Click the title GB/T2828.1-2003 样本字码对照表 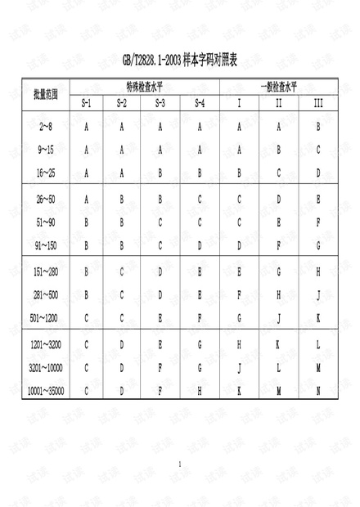pos(179,62)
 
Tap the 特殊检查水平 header pos(142,86)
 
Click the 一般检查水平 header pos(278,86)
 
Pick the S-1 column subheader pos(87,104)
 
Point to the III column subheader pos(318,104)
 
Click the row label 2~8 pos(45,127)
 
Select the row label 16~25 pos(45,173)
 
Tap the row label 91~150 pos(45,245)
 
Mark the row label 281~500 pos(45,294)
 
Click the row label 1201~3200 pos(45,345)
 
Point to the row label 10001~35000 pos(45,391)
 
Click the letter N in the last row pos(318,391)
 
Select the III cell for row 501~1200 pos(318,317)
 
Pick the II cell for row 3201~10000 pos(278,368)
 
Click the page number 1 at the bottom pos(179,464)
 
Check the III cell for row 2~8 pos(318,127)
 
